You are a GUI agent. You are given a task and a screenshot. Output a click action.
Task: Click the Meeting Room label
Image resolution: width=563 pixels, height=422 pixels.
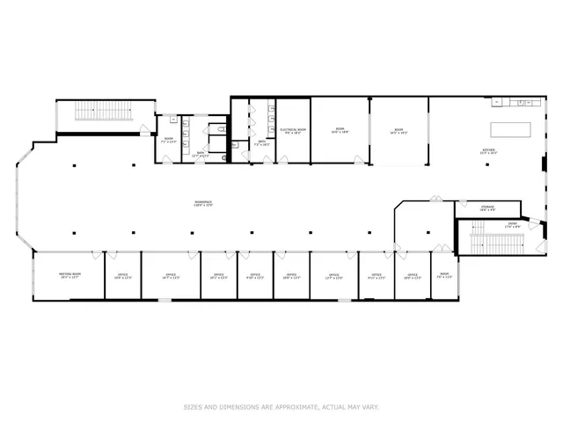[x=69, y=276]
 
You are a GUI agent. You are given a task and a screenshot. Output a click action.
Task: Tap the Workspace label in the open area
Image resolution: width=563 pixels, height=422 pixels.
[x=203, y=203]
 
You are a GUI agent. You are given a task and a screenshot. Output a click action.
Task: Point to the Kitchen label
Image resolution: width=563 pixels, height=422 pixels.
[x=488, y=152]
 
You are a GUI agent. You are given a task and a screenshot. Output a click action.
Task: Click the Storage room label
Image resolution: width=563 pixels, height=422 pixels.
[x=487, y=209]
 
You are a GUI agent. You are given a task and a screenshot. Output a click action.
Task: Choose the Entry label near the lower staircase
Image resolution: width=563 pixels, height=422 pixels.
[x=512, y=225]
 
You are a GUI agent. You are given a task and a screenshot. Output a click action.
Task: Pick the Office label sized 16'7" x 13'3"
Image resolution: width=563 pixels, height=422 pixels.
[x=170, y=276]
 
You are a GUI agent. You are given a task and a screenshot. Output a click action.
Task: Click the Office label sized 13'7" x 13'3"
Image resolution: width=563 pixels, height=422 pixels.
[x=334, y=276]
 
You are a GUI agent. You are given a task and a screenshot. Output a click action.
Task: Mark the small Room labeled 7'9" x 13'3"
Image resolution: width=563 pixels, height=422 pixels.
[x=444, y=276]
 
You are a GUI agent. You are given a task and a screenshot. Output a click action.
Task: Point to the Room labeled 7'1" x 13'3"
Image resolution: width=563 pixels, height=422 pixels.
[x=169, y=139]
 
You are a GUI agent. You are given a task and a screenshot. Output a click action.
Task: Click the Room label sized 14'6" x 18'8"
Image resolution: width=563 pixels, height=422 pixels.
[x=340, y=131]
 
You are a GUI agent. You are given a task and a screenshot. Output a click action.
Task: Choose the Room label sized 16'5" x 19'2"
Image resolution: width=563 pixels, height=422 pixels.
[x=398, y=132]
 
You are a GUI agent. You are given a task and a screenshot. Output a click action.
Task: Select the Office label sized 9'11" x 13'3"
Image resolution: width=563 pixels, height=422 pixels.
[x=376, y=276]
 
